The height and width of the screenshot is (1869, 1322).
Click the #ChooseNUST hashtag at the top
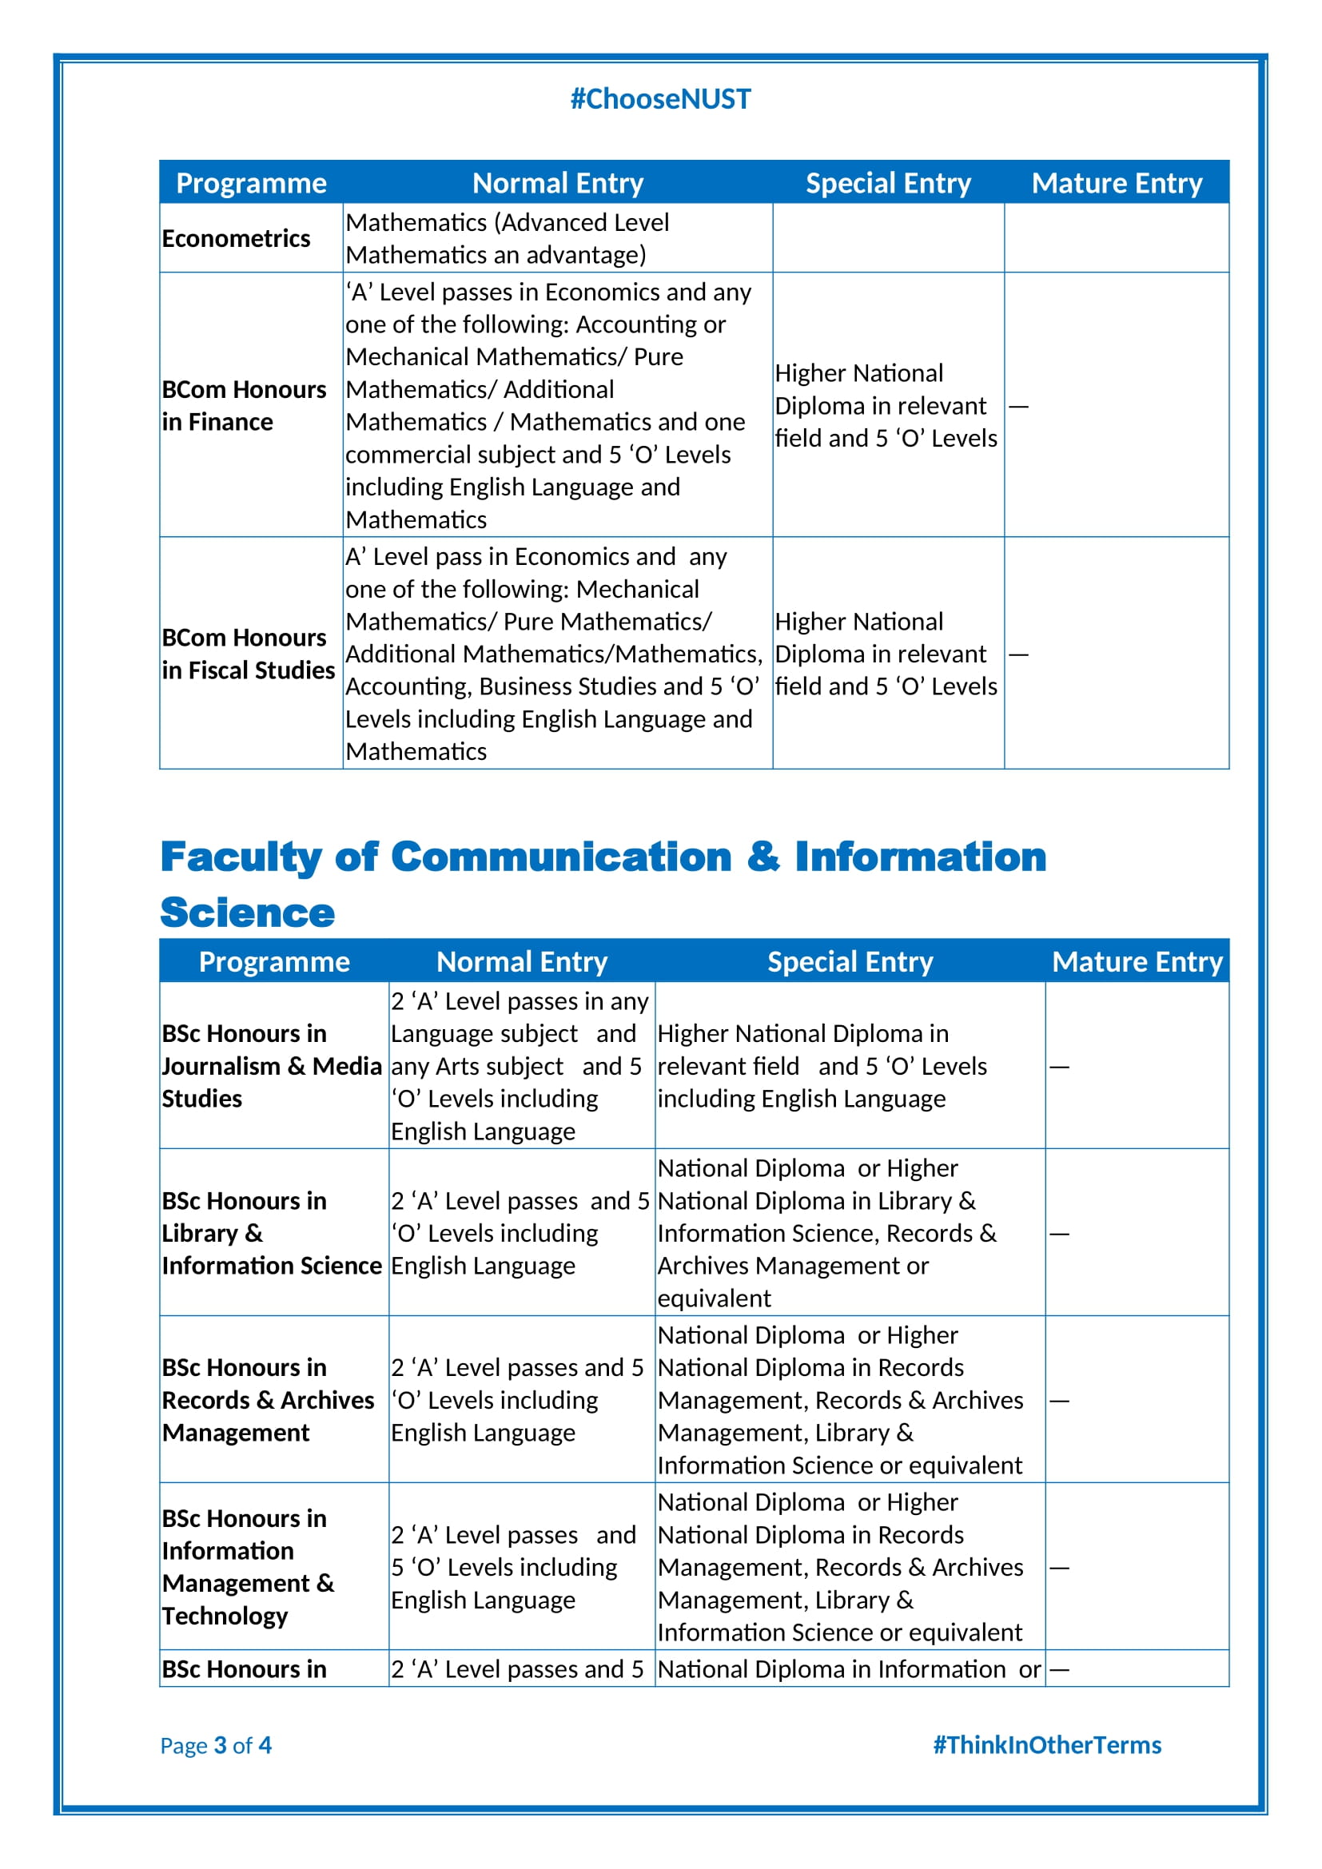pos(660,98)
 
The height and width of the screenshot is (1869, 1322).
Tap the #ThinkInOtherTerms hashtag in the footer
pos(1047,1744)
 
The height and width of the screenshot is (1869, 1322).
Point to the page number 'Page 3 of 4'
pos(216,1744)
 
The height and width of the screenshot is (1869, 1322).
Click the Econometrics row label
pos(236,238)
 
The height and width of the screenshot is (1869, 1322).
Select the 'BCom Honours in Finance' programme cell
pos(244,405)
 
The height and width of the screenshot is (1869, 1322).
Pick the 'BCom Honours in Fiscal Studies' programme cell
pos(248,654)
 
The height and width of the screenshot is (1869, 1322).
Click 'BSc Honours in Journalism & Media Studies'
pos(271,1066)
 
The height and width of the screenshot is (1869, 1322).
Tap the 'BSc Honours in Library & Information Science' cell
pos(271,1232)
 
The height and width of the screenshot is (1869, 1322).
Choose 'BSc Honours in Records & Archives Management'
pos(268,1399)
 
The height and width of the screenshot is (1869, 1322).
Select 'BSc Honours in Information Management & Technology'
pos(248,1566)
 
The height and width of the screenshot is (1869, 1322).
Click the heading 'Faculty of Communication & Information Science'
pos(603,884)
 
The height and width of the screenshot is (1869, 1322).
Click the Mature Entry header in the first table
pos(1117,183)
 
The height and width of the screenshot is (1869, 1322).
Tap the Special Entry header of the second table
pos(850,961)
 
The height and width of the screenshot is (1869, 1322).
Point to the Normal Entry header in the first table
pos(558,183)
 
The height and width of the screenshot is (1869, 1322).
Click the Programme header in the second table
pos(274,961)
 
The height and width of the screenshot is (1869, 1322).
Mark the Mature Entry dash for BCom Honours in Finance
pos(1018,405)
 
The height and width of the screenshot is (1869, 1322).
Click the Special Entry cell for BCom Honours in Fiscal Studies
pos(886,654)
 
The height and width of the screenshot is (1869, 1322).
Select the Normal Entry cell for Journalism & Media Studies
pos(520,1066)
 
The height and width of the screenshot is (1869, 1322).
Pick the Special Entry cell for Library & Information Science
pos(827,1232)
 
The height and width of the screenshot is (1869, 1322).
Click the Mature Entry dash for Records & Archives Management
pos(1059,1401)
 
